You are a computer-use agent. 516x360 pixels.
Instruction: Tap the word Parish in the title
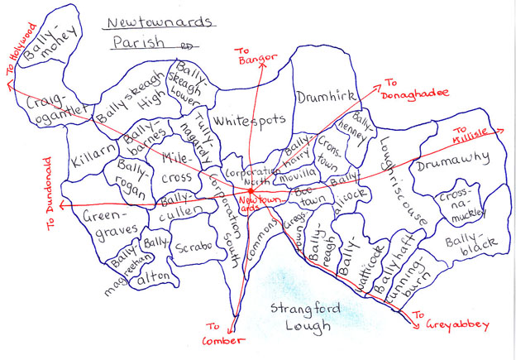pyautogui.click(x=135, y=43)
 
